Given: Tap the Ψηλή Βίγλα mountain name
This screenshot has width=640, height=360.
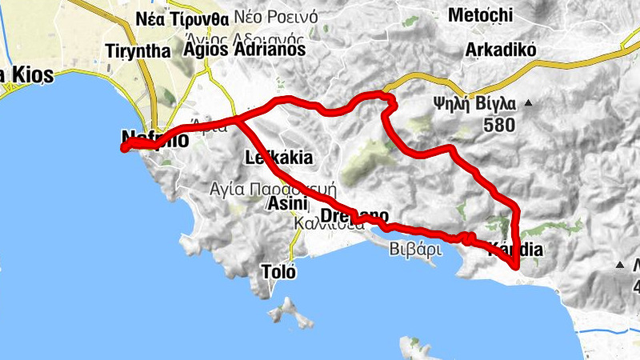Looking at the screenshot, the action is tap(473, 103).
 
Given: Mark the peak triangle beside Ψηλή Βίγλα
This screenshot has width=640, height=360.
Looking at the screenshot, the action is tap(529, 103).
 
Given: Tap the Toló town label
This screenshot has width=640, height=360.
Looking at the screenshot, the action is tap(278, 272).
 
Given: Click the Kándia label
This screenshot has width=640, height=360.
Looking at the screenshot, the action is tap(515, 250).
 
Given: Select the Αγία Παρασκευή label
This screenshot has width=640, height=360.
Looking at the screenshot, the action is tap(272, 190).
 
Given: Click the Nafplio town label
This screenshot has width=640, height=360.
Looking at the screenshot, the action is tap(155, 138).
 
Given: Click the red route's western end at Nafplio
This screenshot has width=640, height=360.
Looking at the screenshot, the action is tap(124, 148).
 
